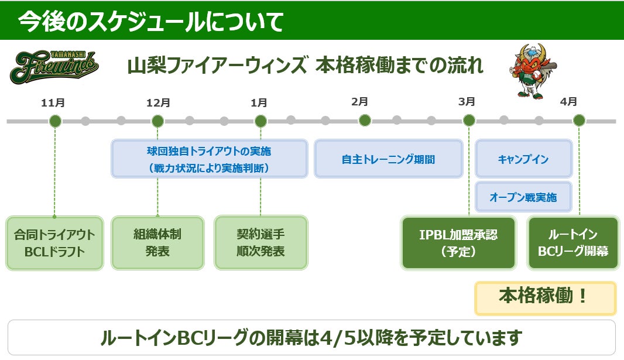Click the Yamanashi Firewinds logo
(x=54, y=67)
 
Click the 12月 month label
(x=158, y=103)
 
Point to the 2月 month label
(x=360, y=102)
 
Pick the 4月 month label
(x=568, y=102)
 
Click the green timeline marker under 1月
(x=261, y=121)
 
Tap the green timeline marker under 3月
(x=469, y=121)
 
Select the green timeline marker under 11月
(x=55, y=121)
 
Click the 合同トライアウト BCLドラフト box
(x=55, y=243)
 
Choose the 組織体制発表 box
(x=157, y=243)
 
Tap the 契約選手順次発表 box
(x=261, y=243)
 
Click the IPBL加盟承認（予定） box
(x=458, y=243)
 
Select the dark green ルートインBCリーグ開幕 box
(x=573, y=243)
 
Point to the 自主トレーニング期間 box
(x=388, y=159)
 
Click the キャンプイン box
(x=523, y=159)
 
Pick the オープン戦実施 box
(x=523, y=197)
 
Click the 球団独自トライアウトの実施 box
(x=209, y=159)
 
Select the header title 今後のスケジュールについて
(x=151, y=21)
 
